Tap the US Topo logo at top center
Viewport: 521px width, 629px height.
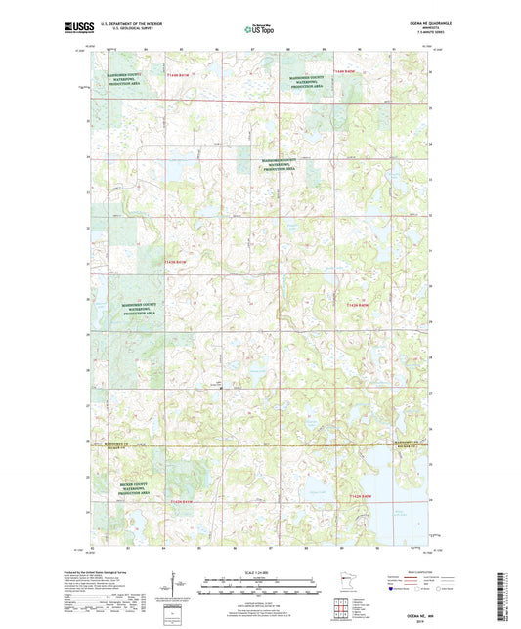point(259,30)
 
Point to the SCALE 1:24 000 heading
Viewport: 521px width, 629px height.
point(259,570)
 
